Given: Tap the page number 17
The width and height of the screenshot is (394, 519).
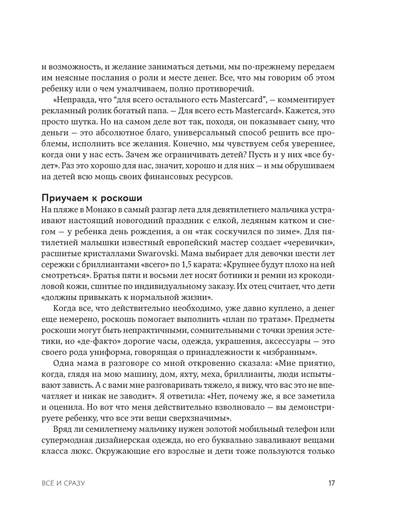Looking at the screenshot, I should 332,483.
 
